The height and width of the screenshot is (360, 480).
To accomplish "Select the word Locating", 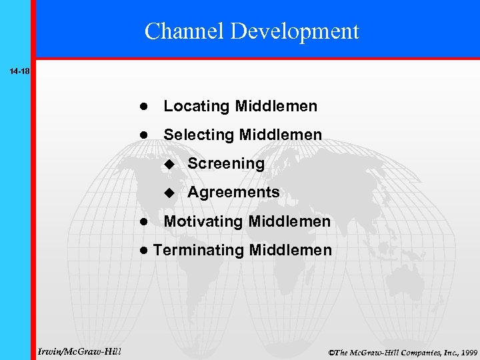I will [x=197, y=107].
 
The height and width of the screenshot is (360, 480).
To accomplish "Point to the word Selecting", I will [x=199, y=135].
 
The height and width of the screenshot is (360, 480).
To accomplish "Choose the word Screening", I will [x=226, y=164].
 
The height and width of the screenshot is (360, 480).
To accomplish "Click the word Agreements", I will [x=233, y=193].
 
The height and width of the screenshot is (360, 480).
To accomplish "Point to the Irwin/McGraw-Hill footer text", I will [x=79, y=351].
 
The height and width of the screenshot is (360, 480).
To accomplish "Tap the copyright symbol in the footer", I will [x=331, y=351].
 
